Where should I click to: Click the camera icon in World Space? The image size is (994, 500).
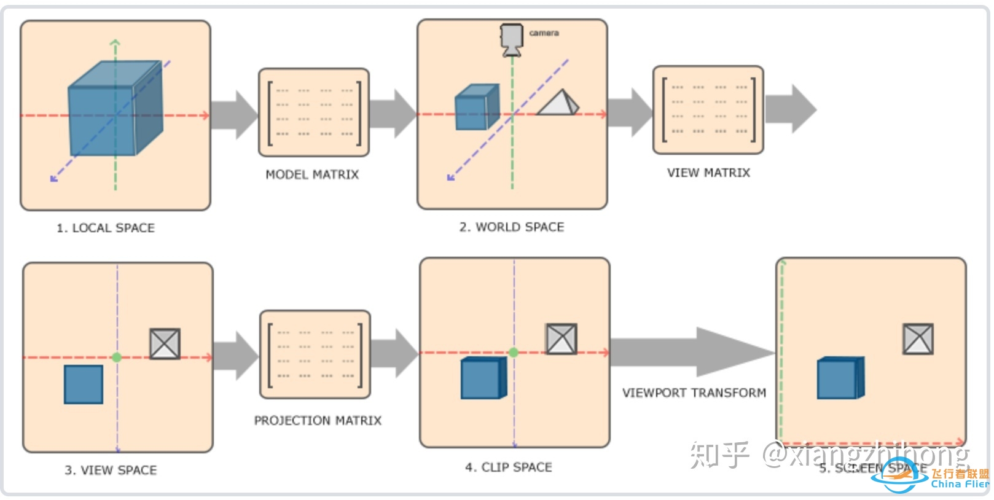pos(511,39)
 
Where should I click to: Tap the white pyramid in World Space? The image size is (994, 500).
pos(558,103)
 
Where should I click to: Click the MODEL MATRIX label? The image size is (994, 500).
pos(312,175)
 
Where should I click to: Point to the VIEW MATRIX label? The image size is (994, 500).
pos(708,173)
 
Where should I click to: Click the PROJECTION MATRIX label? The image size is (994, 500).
pos(318,421)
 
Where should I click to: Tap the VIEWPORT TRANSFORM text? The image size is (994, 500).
pos(694,393)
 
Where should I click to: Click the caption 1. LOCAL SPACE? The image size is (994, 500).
pos(106,229)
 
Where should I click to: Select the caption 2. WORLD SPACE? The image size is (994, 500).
pos(511,227)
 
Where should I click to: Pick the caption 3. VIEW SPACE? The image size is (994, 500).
pos(111,471)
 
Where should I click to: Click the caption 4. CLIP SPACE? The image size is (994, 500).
pos(508,467)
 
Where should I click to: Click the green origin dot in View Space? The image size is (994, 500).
pos(117,357)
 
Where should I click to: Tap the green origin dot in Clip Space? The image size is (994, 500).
pos(514,353)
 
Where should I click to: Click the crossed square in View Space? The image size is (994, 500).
pos(165,343)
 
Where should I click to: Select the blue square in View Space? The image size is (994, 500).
pos(84,385)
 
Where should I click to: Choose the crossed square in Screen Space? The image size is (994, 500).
pos(918,339)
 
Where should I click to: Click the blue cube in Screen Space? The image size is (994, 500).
pos(840,378)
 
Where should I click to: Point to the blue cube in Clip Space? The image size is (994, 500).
pos(483,378)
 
